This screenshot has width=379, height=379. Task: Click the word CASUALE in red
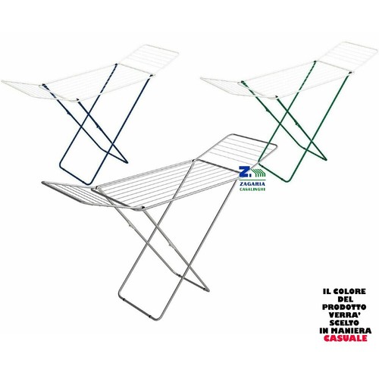[x=345, y=338]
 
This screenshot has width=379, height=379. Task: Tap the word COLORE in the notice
[x=349, y=291]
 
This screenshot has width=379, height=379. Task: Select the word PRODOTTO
[x=344, y=307]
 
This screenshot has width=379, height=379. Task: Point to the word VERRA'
[x=345, y=315]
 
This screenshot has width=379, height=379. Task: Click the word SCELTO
[x=344, y=323]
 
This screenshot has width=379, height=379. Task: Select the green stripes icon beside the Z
[x=258, y=172]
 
